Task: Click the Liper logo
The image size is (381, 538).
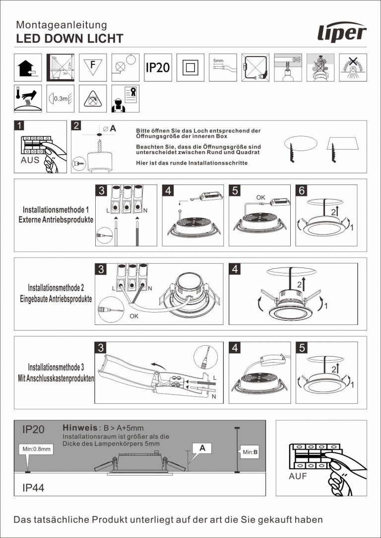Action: [x=342, y=33]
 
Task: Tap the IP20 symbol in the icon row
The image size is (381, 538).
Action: [x=158, y=67]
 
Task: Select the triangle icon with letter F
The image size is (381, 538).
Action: [x=92, y=67]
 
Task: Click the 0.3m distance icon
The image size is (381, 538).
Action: [x=60, y=99]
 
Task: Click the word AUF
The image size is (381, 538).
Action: [x=298, y=477]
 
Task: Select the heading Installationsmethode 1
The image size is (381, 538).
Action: [x=56, y=210]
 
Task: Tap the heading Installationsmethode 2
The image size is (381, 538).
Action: [x=56, y=288]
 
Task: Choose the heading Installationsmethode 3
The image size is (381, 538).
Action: [x=56, y=368]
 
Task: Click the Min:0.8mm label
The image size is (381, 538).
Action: [x=37, y=449]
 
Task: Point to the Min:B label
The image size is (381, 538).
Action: [x=250, y=452]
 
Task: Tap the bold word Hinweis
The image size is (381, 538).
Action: [x=79, y=428]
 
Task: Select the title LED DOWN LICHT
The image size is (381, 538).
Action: [x=69, y=39]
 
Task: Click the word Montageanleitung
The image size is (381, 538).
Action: [x=62, y=25]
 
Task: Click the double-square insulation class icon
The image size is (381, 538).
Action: [x=190, y=67]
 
